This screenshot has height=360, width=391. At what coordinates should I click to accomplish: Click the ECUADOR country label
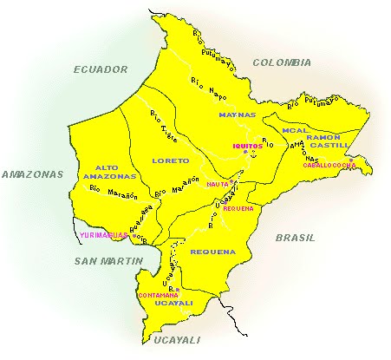[x=101, y=69]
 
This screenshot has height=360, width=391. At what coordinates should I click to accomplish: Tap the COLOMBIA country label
[x=282, y=62]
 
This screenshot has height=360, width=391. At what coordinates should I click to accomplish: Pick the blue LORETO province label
[x=170, y=160]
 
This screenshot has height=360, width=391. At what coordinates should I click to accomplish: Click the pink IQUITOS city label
[x=247, y=146]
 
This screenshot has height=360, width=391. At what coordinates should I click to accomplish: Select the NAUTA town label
[x=217, y=184]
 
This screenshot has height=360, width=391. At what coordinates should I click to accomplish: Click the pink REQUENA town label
[x=238, y=208]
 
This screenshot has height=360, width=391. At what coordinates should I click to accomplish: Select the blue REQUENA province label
[x=213, y=252]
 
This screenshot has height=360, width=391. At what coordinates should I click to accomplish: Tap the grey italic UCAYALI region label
[x=170, y=338]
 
